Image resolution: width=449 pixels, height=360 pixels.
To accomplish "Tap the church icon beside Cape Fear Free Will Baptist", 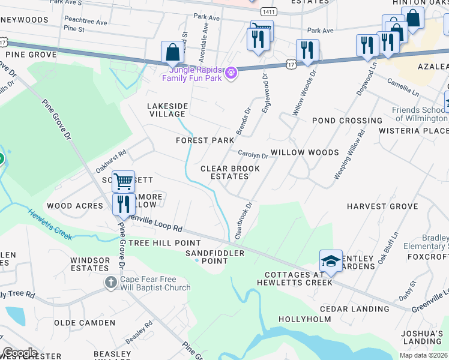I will [110, 282].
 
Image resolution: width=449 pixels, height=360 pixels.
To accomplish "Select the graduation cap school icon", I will [331, 261].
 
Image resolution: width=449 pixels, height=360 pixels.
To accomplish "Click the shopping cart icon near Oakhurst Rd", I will [123, 181].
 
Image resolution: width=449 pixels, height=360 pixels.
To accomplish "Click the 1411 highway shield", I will [269, 12].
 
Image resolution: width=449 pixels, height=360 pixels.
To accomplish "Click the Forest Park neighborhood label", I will [205, 140].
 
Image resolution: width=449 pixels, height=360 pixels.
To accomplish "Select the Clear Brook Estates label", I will [230, 172].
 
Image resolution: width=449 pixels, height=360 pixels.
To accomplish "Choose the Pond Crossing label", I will [347, 121].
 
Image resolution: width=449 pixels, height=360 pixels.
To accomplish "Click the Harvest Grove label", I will [382, 206].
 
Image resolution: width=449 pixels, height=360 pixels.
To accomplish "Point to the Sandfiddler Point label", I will [215, 257].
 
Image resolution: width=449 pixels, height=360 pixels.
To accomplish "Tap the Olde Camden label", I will [85, 323].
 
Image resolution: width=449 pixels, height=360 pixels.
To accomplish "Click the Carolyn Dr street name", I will [253, 155].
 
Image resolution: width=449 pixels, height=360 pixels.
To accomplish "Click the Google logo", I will [20, 353].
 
